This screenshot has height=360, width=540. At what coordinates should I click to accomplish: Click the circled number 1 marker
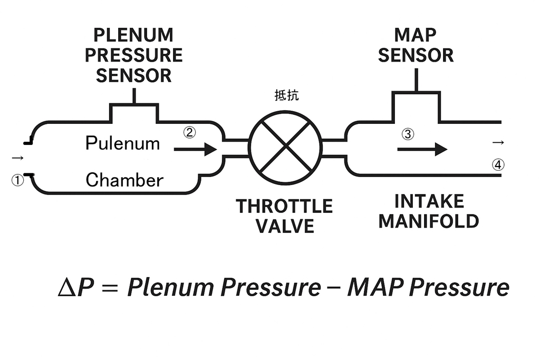18,180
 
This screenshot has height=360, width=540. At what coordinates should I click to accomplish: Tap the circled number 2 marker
189,133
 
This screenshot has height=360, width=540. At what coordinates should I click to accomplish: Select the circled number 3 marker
408,134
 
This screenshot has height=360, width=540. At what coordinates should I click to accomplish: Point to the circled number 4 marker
498,165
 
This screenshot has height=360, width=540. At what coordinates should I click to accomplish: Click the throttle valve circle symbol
285,147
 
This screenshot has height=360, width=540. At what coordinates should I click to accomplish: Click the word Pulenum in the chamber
122,143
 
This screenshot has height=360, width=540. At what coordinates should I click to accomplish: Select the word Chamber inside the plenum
124,180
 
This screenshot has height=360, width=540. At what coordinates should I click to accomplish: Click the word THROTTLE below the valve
284,206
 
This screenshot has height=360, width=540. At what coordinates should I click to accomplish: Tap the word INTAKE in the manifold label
429,201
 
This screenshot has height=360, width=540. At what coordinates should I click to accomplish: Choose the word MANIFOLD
429,220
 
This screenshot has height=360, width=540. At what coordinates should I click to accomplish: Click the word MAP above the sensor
416,35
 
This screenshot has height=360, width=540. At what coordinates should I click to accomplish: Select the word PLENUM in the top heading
133,35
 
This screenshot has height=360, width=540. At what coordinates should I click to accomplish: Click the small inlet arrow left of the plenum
17,158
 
